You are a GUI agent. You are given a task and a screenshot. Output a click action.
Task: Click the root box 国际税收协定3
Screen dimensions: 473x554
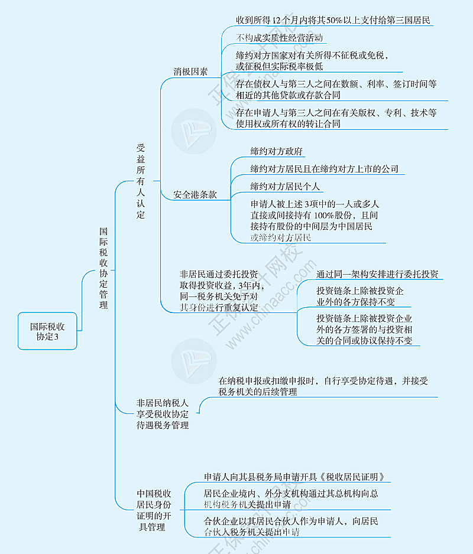pyautogui.click(x=47, y=331)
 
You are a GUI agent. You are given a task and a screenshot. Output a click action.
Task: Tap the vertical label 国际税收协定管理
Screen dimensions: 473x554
pyautogui.click(x=103, y=268)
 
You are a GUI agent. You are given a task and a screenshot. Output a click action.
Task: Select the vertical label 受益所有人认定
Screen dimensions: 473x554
pyautogui.click(x=141, y=181)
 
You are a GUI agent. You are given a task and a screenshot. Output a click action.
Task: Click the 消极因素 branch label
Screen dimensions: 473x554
pyautogui.click(x=190, y=71)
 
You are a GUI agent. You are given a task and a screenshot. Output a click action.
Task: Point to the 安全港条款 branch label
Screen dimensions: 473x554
pyautogui.click(x=195, y=194)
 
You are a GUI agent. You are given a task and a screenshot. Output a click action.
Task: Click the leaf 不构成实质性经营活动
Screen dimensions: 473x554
pyautogui.click(x=279, y=38)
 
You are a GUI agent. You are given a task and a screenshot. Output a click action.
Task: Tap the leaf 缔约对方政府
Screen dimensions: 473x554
pyautogui.click(x=276, y=151)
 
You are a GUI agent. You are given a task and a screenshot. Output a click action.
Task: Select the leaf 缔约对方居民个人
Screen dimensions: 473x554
pyautogui.click(x=285, y=186)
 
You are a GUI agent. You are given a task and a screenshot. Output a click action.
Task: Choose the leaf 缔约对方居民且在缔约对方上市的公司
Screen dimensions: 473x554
pyautogui.click(x=325, y=169)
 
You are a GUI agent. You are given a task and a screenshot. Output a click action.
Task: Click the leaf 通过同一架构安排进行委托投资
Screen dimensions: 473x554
pyautogui.click(x=377, y=274)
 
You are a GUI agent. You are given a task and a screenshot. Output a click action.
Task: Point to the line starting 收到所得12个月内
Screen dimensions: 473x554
pyautogui.click(x=333, y=20)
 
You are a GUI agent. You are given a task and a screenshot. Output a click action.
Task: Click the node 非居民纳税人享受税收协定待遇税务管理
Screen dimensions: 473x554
pyautogui.click(x=163, y=414)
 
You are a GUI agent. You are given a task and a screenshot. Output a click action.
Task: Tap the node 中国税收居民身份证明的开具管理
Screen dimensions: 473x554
pyautogui.click(x=154, y=510)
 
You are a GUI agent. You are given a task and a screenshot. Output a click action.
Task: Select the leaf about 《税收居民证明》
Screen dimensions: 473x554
pyautogui.click(x=294, y=477)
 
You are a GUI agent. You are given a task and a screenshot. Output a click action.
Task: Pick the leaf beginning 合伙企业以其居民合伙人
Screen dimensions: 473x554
pyautogui.click(x=291, y=526)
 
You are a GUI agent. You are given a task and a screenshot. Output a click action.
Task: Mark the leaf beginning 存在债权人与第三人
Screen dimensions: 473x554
pyautogui.click(x=336, y=89)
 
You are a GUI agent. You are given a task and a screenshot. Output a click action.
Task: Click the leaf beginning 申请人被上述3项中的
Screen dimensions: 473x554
pyautogui.click(x=315, y=220)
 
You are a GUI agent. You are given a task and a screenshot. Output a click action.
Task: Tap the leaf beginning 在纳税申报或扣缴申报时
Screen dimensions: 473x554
pyautogui.click(x=323, y=386)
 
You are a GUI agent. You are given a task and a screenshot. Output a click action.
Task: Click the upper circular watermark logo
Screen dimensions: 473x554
pyautogui.click(x=194, y=131)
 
